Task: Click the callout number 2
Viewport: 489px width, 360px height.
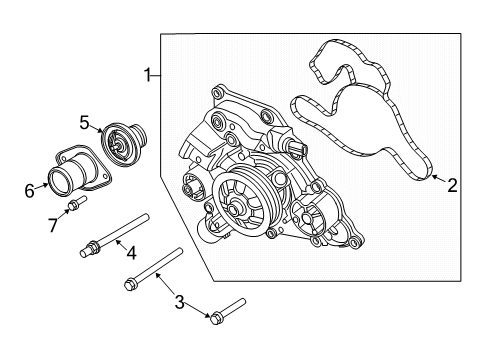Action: pos(452,184)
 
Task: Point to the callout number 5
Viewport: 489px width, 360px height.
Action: pos(86,123)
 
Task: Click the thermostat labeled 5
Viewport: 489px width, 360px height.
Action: pos(126,144)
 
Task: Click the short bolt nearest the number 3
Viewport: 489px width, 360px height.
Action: pos(228,312)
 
